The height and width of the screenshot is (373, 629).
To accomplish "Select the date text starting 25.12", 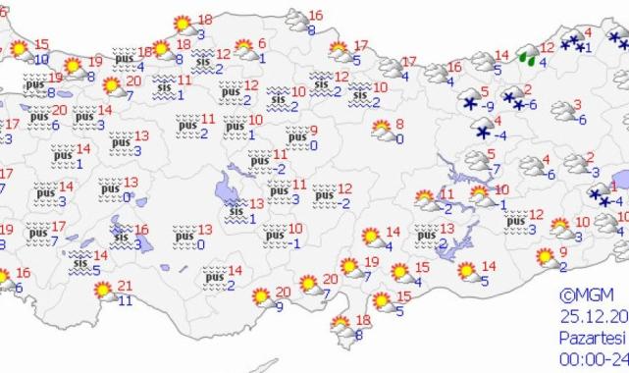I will click(595, 316).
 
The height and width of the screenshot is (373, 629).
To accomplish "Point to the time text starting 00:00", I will click(595, 358).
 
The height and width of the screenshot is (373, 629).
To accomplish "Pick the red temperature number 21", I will click(125, 286).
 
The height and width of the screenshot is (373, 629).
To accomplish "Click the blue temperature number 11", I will click(125, 300).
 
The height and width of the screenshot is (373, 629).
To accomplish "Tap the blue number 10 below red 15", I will click(40, 59).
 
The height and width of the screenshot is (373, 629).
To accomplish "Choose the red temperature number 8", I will click(398, 124).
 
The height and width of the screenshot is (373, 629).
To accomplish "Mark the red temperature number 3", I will click(579, 105).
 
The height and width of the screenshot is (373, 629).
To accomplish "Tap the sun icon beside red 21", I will click(101, 291).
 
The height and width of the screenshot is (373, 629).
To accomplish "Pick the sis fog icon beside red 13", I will click(234, 208).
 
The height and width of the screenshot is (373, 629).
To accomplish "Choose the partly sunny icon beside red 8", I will click(381, 129).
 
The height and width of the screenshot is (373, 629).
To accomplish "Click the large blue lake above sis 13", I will click(233, 181).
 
